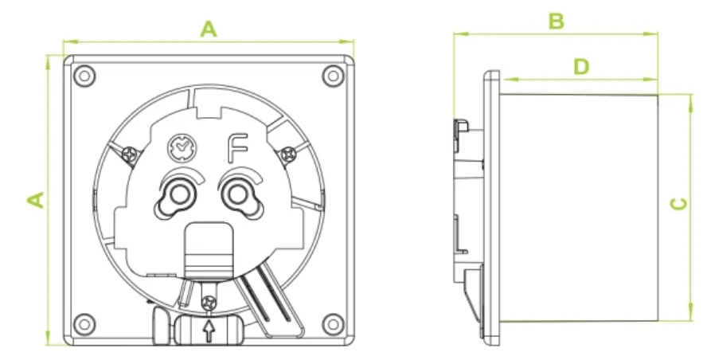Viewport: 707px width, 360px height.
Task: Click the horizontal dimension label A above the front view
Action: [208, 29]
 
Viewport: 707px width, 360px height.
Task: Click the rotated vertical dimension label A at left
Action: [36, 199]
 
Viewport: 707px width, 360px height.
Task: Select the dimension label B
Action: [557, 22]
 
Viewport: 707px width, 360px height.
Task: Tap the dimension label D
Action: [581, 67]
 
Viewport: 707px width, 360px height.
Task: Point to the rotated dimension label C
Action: [678, 204]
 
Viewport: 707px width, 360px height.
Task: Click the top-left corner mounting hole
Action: [84, 76]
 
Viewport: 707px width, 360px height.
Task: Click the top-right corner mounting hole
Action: [331, 76]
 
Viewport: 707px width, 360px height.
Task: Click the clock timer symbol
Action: [180, 147]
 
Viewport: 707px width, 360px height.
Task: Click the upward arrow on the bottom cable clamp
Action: [209, 331]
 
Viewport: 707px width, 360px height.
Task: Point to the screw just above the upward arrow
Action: [209, 303]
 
